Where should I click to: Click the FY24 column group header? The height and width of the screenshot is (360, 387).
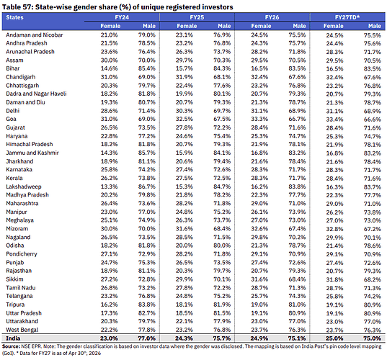pos(122,17)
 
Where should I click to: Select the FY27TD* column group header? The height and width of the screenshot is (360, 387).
pos(347,17)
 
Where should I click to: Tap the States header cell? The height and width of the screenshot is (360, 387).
pos(15,17)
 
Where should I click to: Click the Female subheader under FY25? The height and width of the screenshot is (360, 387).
pos(187,26)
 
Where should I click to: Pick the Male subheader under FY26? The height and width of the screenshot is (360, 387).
pos(299,26)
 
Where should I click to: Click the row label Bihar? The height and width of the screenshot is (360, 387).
pos(13,68)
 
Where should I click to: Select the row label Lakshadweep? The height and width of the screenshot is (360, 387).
pos(24,186)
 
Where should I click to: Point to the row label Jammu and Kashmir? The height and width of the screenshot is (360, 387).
pos(32,153)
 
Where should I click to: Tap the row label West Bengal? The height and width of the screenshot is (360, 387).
pos(22,330)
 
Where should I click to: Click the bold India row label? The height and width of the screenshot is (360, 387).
pos(13,338)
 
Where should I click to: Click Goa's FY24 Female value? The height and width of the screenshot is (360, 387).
pos(109,119)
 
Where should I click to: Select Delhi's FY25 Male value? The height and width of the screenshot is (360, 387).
pos(222,110)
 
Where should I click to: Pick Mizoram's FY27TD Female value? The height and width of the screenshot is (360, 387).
pos(334,229)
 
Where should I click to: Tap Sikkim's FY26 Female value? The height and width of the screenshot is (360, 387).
pos(259,279)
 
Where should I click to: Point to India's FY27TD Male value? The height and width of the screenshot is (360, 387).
pos(372,338)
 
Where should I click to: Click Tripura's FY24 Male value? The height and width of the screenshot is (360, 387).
pos(147,305)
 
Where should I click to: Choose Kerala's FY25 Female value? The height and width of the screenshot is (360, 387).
pos(184,178)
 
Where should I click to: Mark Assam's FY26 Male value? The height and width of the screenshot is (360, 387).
pos(297,60)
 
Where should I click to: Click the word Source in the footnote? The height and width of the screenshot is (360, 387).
pos(11,346)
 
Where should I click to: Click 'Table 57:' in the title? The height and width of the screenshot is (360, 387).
pos(17,7)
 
